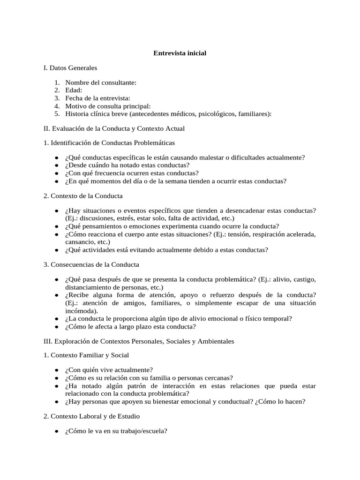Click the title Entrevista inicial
coord(180,53)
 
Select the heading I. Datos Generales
coord(70,68)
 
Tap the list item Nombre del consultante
coord(101,82)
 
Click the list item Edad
coord(74,90)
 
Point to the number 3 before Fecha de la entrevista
coord(56,98)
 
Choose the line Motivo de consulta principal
coord(108,106)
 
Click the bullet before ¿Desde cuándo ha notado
coord(56,165)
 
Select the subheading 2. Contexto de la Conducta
coord(83,196)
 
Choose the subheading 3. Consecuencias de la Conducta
coord(91,264)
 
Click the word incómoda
coord(82,310)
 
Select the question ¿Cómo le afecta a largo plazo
coord(131,326)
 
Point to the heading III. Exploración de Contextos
coord(138,341)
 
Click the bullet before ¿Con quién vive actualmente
coord(56,370)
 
